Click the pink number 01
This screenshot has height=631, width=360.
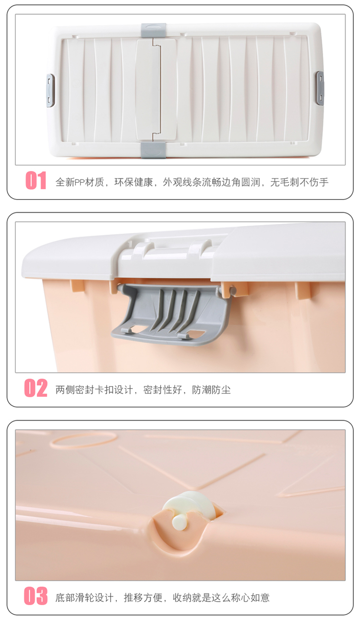[36, 180]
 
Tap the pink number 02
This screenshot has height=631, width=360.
[36, 388]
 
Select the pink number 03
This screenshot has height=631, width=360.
[36, 596]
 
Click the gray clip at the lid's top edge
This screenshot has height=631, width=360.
[154, 30]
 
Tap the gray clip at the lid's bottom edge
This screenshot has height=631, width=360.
[154, 150]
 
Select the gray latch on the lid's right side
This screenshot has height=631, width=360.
[320, 88]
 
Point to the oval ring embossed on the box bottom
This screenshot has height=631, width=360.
[84, 441]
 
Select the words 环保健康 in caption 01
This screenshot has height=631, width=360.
[133, 182]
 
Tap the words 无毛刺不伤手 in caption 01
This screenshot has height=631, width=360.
[300, 182]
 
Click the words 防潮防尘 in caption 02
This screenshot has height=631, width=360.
[211, 390]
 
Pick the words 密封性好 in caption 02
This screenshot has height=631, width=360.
[163, 390]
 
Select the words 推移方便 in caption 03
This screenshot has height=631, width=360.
[143, 597]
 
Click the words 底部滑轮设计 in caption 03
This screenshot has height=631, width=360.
[84, 597]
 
